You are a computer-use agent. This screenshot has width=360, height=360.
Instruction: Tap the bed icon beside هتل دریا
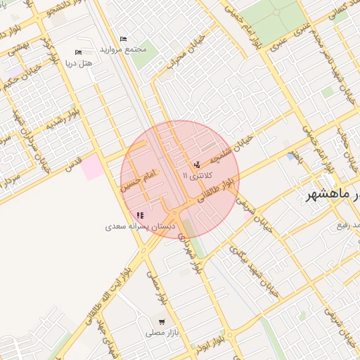pyautogui.click(x=77, y=52)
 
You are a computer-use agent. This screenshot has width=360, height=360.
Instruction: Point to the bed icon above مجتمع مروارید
pyautogui.click(x=124, y=39)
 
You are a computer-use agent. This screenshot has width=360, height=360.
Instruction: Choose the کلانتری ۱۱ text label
pyautogui.click(x=195, y=174)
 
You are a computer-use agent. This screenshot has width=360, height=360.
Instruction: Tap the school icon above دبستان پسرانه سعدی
pyautogui.click(x=140, y=216)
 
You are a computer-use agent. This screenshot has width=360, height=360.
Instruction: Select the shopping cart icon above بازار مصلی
pyautogui.click(x=162, y=321)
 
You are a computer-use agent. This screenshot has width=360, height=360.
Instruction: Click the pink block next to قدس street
pyautogui.click(x=91, y=167)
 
